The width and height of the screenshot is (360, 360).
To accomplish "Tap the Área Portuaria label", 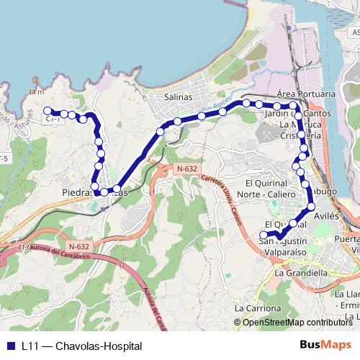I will pyautogui.click(x=306, y=94).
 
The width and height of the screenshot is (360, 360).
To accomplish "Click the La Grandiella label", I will pyautogui.click(x=301, y=274).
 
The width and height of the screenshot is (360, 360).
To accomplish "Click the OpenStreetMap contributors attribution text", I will pyautogui.click(x=297, y=322).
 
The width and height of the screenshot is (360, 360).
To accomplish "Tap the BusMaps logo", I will pyautogui.click(x=325, y=345).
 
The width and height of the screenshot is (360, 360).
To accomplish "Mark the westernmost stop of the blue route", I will pyautogui.click(x=48, y=111).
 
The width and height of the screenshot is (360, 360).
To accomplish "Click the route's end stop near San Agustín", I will pyautogui.click(x=264, y=235).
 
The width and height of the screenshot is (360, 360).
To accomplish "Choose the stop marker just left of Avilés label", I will pyautogui.click(x=311, y=207).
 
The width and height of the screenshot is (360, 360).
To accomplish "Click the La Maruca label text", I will pyautogui.click(x=288, y=125).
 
